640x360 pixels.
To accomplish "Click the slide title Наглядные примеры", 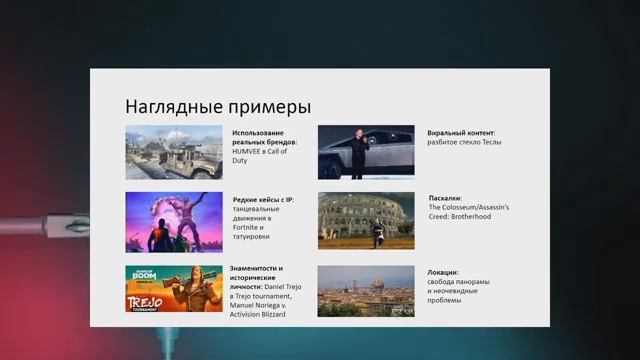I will (x=217, y=107).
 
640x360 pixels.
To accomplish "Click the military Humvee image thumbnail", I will (x=174, y=152).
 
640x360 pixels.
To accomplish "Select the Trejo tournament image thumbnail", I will (x=174, y=289).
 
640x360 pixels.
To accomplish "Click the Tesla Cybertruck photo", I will (x=366, y=152).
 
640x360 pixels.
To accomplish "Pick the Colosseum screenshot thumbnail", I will (x=366, y=220).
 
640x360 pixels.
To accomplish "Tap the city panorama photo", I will (x=366, y=290).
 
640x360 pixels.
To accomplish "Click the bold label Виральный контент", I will (x=461, y=133).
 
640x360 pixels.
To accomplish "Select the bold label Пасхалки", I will (x=445, y=198).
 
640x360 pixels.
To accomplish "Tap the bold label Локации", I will (x=443, y=272).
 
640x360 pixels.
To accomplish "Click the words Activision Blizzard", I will (x=259, y=315).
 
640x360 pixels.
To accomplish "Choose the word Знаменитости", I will (x=256, y=268).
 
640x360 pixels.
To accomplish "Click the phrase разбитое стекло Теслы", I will (x=464, y=143).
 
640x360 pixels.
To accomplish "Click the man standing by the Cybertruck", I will (x=358, y=152).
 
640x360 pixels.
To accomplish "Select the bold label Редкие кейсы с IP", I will (x=263, y=199).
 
